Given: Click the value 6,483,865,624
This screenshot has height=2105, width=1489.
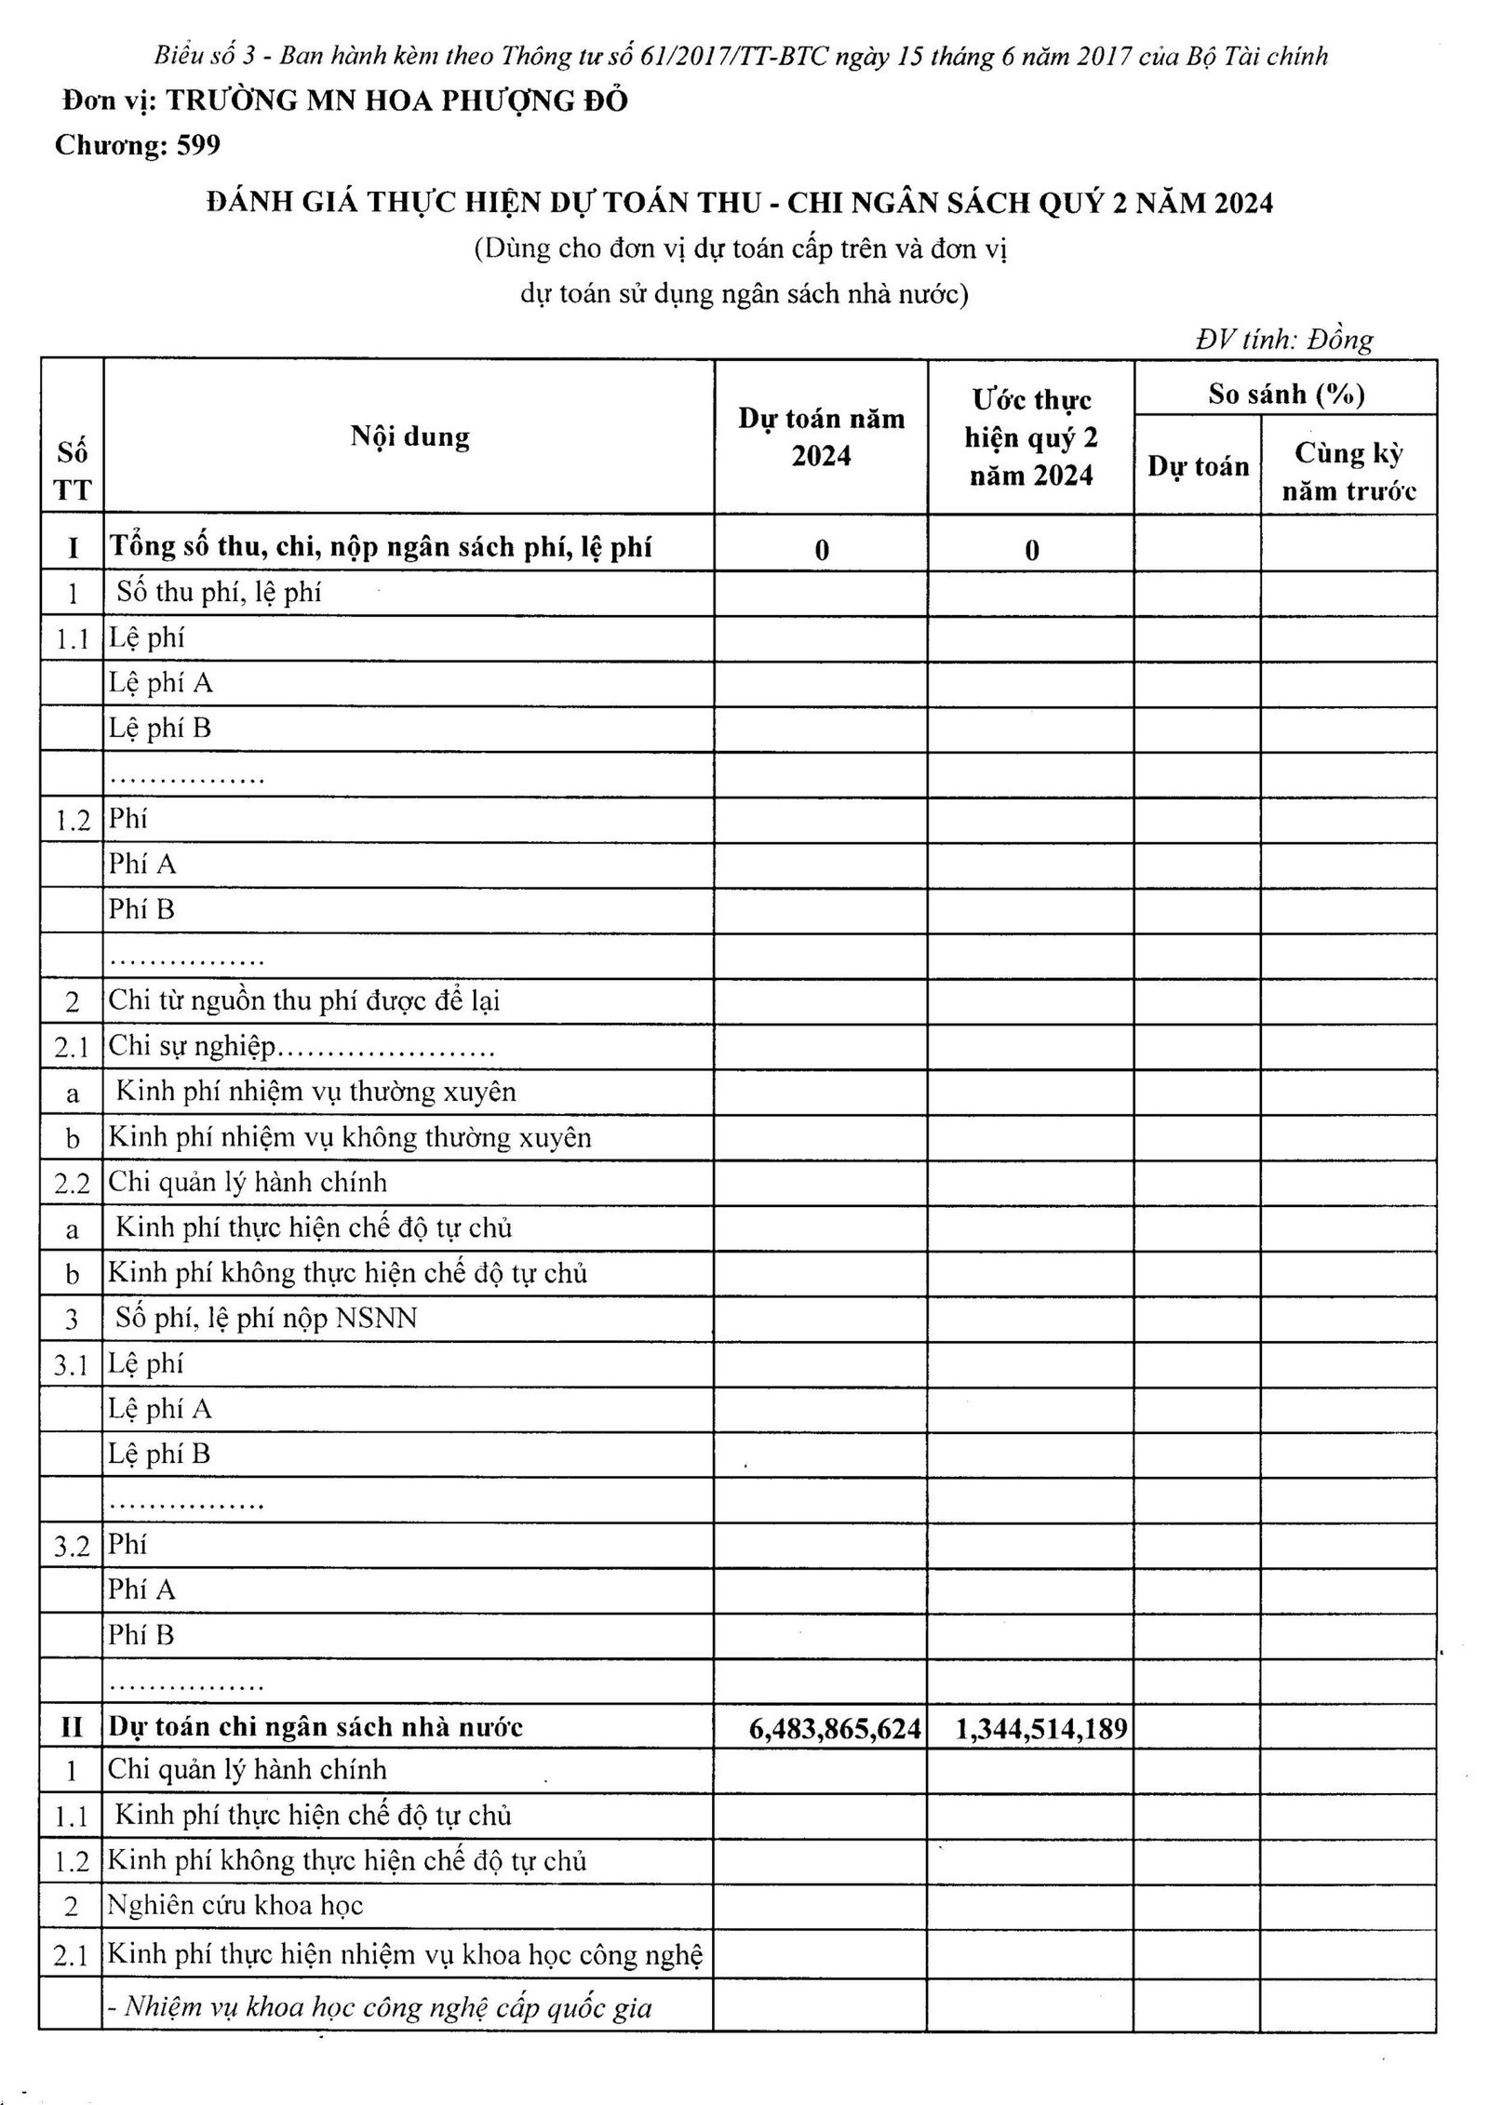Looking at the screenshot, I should [834, 1728].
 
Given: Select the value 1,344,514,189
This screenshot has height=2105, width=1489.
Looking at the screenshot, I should [1041, 1728].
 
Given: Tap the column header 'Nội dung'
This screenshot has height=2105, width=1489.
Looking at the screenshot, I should [409, 436].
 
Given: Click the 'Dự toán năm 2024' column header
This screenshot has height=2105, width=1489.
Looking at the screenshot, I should [821, 436].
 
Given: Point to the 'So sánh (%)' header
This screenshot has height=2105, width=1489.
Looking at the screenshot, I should [1285, 394].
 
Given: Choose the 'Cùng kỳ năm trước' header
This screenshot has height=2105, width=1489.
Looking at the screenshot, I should [1348, 471].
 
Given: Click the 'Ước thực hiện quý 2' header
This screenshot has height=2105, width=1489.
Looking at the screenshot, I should [1031, 436].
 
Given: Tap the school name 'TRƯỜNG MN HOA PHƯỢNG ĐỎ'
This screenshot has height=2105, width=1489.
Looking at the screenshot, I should [396, 101].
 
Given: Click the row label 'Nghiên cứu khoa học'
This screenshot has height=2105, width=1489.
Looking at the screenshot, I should [235, 1905].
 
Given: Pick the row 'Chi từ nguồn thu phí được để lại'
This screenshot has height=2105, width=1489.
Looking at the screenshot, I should [304, 1000].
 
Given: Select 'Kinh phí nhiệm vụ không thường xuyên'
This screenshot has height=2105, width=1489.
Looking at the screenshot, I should [349, 1137].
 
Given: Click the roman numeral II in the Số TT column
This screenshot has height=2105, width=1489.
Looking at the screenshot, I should [72, 1728].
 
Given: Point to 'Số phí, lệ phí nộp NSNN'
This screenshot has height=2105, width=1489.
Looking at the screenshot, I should [266, 1318].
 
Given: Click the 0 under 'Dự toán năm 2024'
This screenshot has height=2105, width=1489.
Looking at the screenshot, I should [821, 549].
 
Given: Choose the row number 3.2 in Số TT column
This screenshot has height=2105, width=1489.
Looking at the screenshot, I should [72, 1547].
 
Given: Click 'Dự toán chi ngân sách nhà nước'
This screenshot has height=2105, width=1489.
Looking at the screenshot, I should [315, 1727].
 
